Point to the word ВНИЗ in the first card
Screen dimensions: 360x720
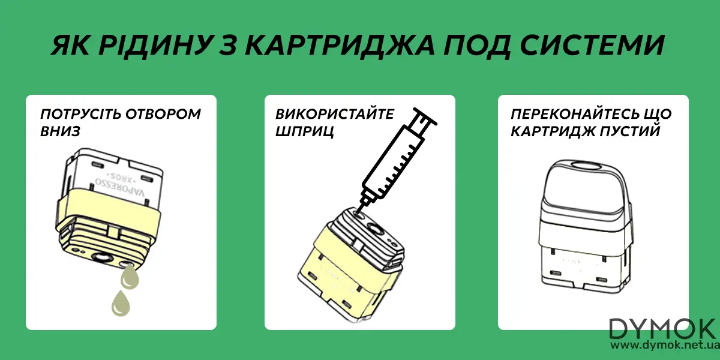tap(60, 130)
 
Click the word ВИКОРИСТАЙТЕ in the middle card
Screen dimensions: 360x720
tap(335, 115)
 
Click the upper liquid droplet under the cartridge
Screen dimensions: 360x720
tap(129, 277)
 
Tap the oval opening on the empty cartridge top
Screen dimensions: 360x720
tap(582, 165)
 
